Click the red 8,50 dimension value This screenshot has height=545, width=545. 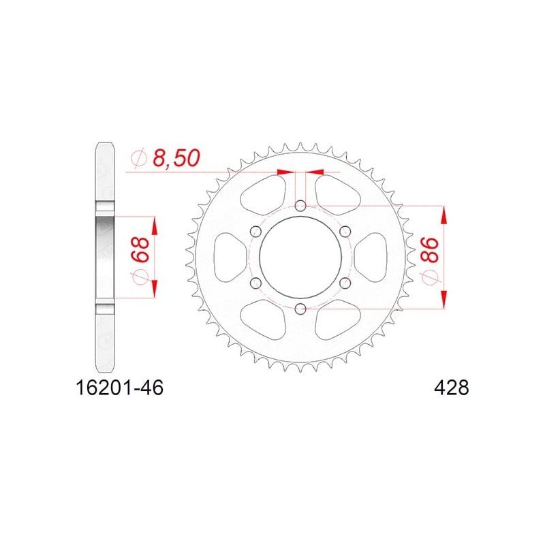click(x=176, y=158)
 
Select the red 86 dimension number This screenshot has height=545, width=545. click(x=430, y=250)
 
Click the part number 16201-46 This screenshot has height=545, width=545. click(x=119, y=388)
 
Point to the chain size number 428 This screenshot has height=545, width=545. click(x=452, y=388)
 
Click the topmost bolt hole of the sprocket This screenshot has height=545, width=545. click(x=300, y=206)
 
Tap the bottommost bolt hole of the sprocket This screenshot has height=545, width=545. click(x=300, y=308)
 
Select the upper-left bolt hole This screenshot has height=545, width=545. click(x=256, y=232)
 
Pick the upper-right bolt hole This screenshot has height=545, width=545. click(x=345, y=232)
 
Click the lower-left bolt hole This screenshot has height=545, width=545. click(x=256, y=283)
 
